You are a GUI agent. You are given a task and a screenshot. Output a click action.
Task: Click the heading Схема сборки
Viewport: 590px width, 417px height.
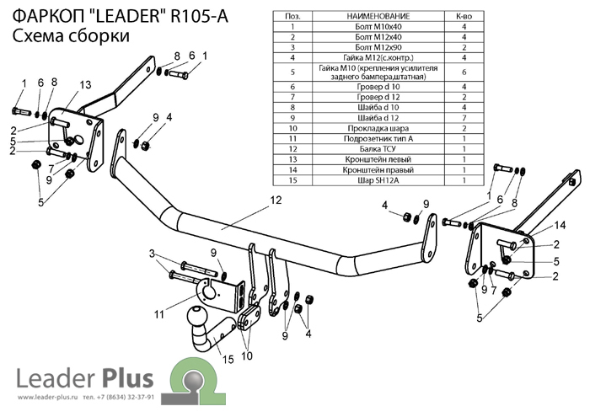pyautogui.click(x=71, y=35)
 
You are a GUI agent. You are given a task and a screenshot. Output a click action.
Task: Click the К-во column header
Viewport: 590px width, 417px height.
pyautogui.click(x=464, y=16)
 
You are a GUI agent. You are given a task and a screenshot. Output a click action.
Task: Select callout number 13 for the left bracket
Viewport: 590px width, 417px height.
pyautogui.click(x=84, y=85)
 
